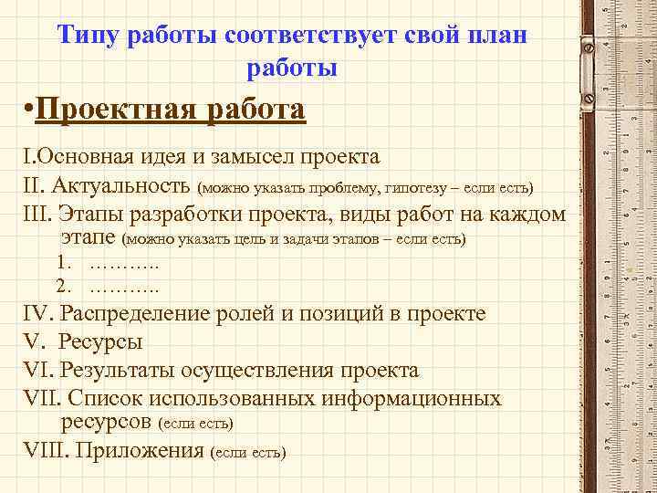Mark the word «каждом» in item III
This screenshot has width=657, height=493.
527,215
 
